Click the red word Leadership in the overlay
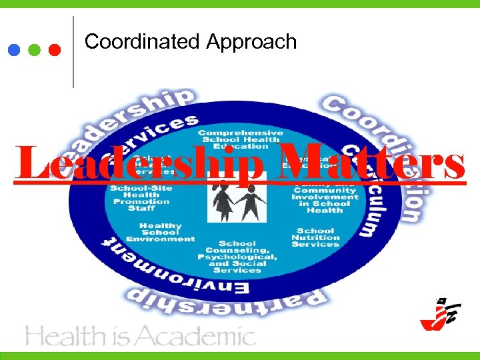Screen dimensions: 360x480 [140, 163]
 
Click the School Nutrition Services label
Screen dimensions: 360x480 [315, 238]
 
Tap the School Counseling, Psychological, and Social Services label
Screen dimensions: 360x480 [237, 257]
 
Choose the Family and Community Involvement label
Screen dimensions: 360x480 [325, 197]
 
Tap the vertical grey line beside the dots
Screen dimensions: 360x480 [73, 52]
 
